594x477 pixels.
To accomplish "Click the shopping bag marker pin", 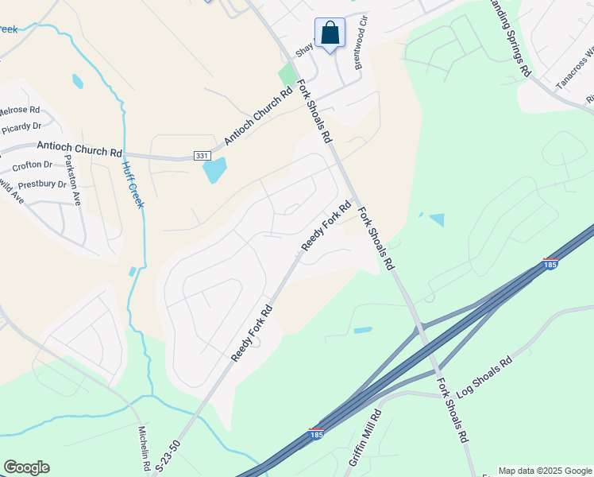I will tap(330, 34).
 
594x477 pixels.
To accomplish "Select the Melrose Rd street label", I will tap(20, 110).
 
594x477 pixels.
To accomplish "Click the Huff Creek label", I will tap(133, 185).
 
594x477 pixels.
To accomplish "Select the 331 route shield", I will tap(201, 157).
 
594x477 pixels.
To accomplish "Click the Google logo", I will tap(26, 467).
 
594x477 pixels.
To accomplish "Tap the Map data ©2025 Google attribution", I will tap(544, 471).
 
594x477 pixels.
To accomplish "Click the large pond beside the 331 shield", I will tap(214, 170).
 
